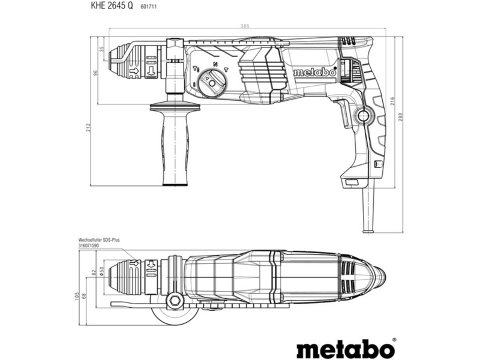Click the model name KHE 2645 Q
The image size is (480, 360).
point(112,5)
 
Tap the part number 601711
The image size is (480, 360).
point(148,6)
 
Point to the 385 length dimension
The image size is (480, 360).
point(245,26)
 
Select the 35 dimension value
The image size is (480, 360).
point(102,49)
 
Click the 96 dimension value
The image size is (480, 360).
point(95,73)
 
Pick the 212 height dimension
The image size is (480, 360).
point(88,127)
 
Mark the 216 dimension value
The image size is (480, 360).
point(392,101)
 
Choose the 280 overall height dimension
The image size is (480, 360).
point(401,117)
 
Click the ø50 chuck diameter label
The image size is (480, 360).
point(102,271)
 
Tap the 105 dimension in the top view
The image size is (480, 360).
point(77,296)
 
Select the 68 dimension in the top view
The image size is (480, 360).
point(84,296)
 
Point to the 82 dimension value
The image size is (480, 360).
point(94,271)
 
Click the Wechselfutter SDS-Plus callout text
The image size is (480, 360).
point(99,240)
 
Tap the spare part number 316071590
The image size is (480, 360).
point(88,245)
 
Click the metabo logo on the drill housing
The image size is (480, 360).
point(314,73)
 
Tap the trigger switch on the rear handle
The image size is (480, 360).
point(344,113)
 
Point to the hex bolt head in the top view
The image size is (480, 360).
point(174,301)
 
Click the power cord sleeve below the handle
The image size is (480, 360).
point(368,209)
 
